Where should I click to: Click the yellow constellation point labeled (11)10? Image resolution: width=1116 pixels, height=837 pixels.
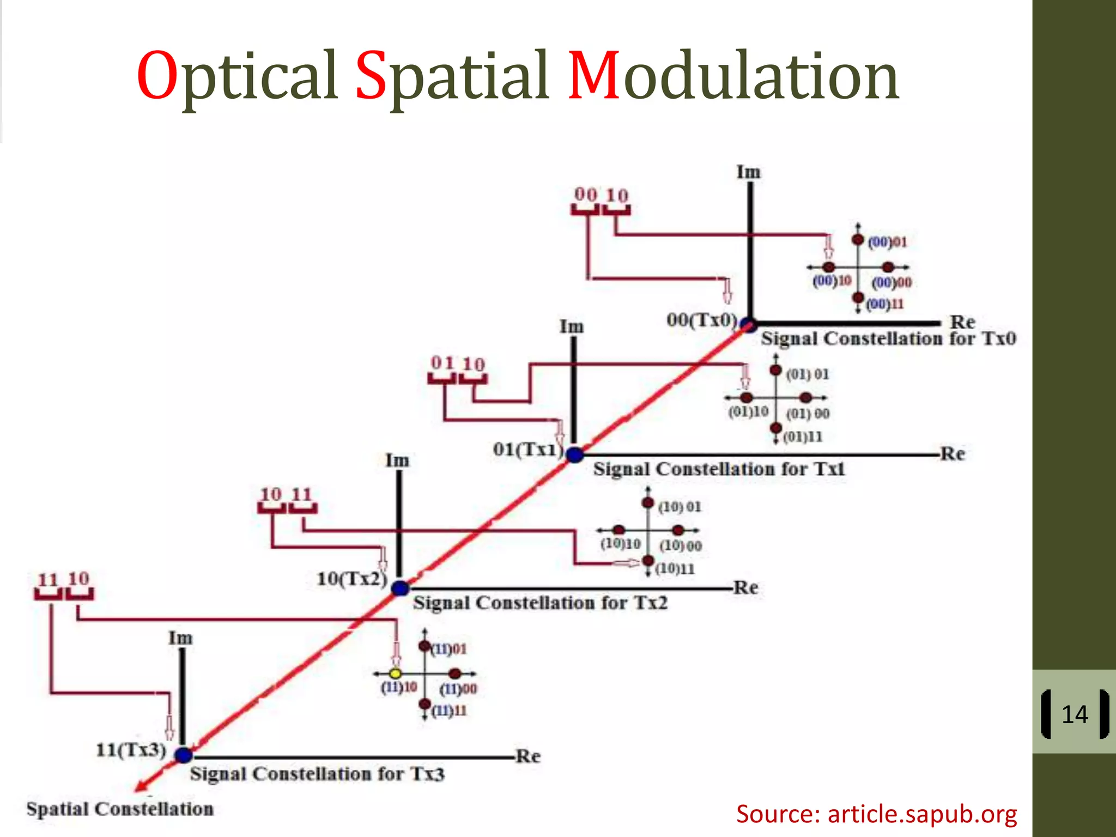click(x=396, y=674)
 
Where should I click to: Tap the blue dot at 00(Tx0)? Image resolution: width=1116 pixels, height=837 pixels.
click(x=749, y=325)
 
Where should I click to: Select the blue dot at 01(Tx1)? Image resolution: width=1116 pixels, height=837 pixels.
click(x=574, y=454)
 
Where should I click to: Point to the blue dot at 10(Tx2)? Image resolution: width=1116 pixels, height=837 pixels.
click(x=401, y=589)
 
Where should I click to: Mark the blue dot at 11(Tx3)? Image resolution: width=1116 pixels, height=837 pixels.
click(x=184, y=755)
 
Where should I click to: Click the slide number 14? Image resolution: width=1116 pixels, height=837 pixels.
click(x=1075, y=714)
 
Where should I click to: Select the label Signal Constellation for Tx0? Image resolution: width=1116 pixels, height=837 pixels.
click(x=888, y=338)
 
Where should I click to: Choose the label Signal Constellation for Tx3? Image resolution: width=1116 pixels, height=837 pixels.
click(x=317, y=774)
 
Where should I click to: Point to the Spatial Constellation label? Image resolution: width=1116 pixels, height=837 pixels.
click(x=120, y=809)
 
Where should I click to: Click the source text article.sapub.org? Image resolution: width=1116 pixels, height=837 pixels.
click(x=876, y=814)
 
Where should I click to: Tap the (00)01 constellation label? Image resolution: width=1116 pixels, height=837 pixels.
click(x=887, y=241)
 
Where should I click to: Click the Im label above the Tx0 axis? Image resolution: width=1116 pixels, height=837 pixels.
click(x=748, y=172)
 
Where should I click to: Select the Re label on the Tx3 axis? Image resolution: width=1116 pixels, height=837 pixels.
click(x=528, y=756)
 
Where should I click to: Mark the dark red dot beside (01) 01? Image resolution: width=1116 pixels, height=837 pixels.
click(x=776, y=371)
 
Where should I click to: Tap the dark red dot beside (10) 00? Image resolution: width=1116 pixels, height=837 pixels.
click(x=678, y=530)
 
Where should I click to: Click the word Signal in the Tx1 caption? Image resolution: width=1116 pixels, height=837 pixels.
click(x=622, y=469)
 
